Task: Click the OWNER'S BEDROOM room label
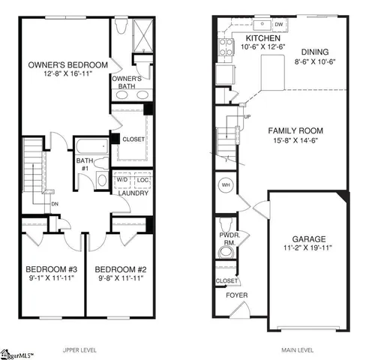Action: [65, 65]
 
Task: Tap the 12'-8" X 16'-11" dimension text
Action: [65, 75]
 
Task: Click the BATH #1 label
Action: [82, 163]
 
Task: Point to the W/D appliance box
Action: [121, 180]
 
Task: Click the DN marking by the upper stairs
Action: [55, 203]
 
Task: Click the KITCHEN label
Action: [262, 37]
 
